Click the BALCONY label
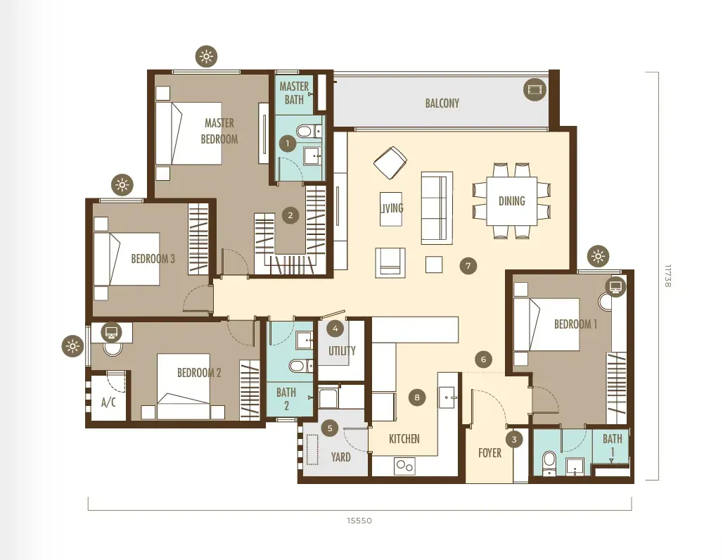tap(442, 103)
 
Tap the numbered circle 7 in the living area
tap(468, 266)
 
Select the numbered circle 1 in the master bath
tap(288, 144)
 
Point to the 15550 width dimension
tap(359, 521)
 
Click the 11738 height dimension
tap(667, 276)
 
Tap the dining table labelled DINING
tap(512, 201)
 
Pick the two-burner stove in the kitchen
tap(405, 466)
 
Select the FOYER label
tap(490, 453)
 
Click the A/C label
tap(108, 402)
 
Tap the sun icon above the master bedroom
tap(206, 57)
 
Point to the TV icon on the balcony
tap(535, 89)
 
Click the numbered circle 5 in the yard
tap(330, 428)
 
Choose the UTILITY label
tap(342, 350)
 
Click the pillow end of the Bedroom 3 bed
tap(101, 259)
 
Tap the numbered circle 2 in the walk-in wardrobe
tap(290, 215)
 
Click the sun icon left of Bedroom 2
tap(72, 346)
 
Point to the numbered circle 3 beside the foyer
tap(515, 439)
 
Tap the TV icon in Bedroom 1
tap(615, 287)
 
